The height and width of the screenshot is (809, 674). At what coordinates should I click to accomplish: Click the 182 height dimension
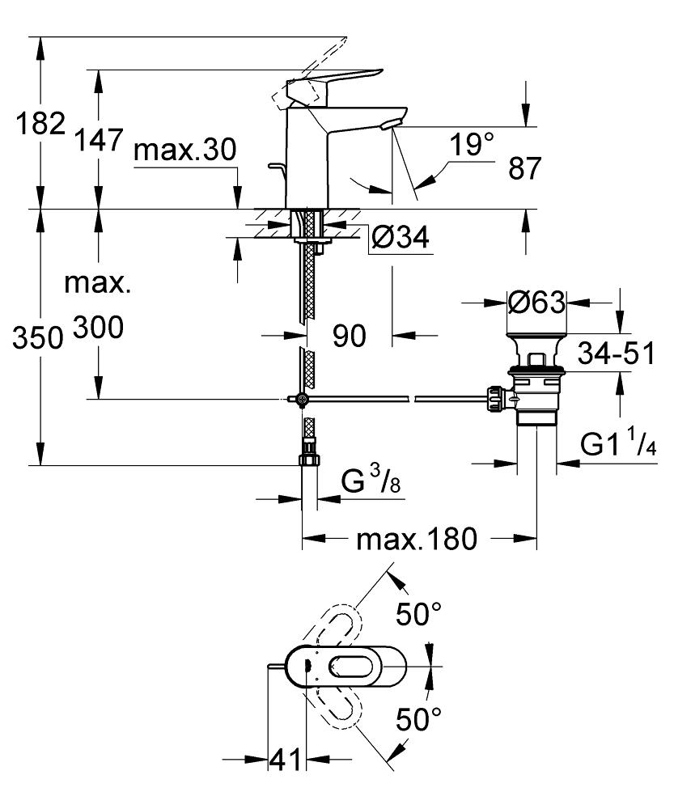point(41,124)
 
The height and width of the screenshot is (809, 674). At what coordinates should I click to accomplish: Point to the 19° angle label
point(472,146)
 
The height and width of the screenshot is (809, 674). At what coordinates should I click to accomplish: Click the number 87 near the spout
point(525,168)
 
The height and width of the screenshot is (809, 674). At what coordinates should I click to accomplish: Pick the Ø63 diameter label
point(535,303)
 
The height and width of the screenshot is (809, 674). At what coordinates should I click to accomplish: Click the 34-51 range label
point(616,353)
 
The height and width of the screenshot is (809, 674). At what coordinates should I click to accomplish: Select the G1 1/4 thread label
point(617,444)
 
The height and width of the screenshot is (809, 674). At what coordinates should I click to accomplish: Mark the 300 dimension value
point(99,328)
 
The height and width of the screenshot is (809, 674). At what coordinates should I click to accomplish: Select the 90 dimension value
point(350,335)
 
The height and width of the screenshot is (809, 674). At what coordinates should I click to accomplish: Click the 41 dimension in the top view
point(284,760)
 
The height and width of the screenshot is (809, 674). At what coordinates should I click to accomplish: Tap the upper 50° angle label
point(418,615)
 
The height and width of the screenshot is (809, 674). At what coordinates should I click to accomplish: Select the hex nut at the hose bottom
point(309,460)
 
